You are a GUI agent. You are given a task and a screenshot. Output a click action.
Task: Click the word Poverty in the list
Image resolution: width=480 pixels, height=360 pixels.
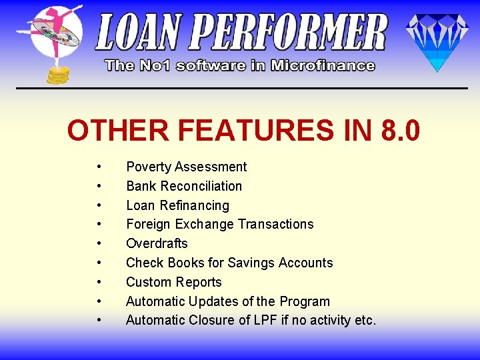click(149, 167)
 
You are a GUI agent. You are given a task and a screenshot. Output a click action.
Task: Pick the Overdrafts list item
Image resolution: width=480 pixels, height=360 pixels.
click(157, 243)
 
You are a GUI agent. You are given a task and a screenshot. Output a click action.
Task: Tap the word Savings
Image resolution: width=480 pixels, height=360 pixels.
click(249, 263)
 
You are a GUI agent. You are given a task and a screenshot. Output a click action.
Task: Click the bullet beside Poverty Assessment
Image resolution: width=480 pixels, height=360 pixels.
click(99, 167)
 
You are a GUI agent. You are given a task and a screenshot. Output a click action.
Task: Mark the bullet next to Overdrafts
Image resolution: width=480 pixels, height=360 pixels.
click(99, 243)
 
